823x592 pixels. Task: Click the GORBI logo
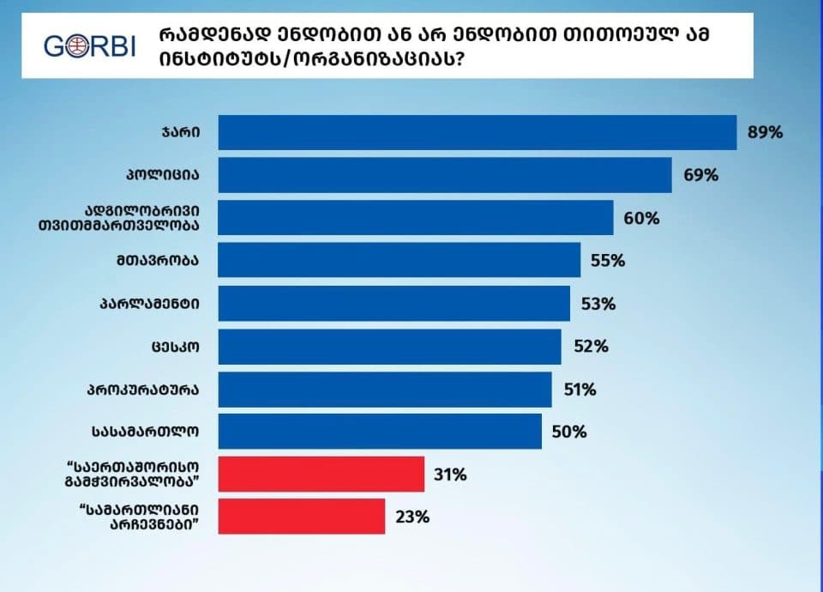(90, 45)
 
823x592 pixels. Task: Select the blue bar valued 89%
(478, 133)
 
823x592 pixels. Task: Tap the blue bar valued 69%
(445, 175)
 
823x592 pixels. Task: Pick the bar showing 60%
(416, 218)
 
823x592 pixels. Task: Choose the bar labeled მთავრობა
(399, 260)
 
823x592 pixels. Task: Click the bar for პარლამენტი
(394, 303)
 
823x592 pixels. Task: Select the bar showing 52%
(390, 346)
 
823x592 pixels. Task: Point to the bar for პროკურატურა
(385, 389)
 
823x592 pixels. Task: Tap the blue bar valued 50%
(380, 432)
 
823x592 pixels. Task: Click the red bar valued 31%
(321, 474)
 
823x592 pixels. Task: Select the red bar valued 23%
(302, 516)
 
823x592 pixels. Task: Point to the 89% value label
(766, 133)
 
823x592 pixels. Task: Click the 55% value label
(608, 261)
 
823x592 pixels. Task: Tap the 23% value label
(412, 516)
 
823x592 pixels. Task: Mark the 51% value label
(579, 389)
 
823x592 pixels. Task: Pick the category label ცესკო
(177, 346)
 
